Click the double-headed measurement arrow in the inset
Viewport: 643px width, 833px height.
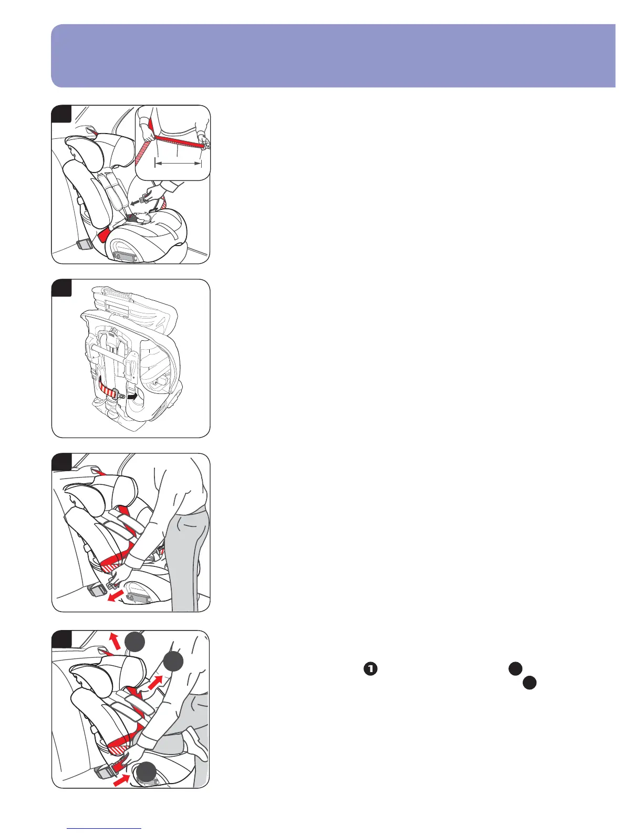178,164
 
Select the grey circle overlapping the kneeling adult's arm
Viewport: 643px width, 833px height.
173,662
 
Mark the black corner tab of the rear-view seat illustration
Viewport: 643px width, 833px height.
61,288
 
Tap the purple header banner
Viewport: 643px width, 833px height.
333,56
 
